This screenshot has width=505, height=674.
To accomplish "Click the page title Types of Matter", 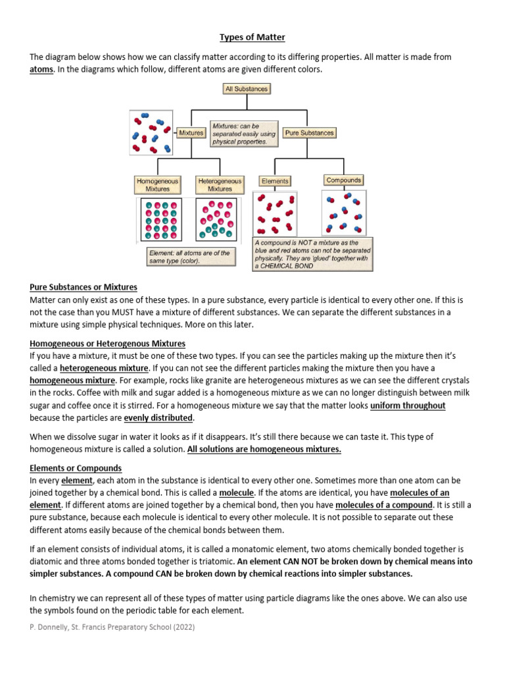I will click(x=252, y=38).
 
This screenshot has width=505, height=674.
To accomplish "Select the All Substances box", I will click(x=247, y=88).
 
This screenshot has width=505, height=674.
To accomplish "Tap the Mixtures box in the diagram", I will click(x=191, y=133).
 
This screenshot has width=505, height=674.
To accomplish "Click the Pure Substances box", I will click(x=309, y=133).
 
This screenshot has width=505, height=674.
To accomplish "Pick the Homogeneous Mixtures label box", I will click(x=153, y=184).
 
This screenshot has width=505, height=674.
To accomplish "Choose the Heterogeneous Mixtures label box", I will click(x=220, y=184).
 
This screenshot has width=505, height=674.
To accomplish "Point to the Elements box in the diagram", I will click(x=275, y=180).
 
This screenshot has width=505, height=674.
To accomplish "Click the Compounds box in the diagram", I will click(x=343, y=180).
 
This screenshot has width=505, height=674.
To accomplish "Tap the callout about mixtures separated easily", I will click(x=242, y=133).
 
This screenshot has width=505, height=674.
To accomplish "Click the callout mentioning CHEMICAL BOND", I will click(x=313, y=254).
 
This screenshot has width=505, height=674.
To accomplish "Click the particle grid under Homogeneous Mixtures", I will click(x=161, y=219).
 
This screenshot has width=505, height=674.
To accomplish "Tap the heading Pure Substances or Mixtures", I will click(x=84, y=287).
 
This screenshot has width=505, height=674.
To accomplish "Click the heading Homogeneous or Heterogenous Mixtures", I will click(x=108, y=344).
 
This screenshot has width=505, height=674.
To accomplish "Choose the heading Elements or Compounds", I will click(x=76, y=468).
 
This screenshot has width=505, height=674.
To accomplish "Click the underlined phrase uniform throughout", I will click(x=408, y=406).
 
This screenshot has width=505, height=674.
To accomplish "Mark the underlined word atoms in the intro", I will click(x=42, y=70).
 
